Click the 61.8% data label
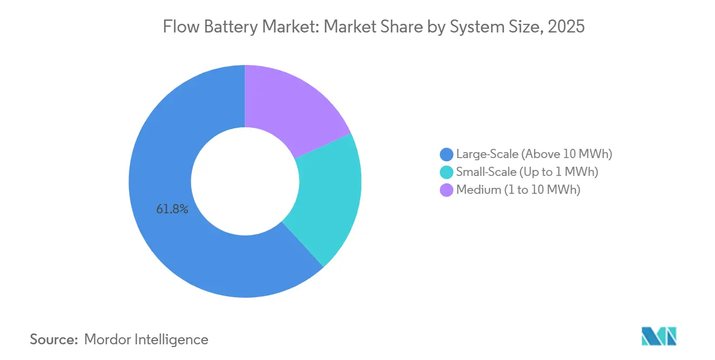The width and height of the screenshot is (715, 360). (x=172, y=210)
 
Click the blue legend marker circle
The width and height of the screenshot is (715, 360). (x=447, y=154)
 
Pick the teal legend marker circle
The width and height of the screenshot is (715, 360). (x=447, y=172)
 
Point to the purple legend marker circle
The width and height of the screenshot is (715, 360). (x=447, y=190)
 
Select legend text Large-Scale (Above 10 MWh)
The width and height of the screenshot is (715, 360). (x=534, y=154)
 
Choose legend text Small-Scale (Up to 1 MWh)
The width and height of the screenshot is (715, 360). (x=526, y=172)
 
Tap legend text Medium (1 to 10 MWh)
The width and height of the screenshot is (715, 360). (x=518, y=190)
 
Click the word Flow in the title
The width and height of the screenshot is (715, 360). (x=179, y=27)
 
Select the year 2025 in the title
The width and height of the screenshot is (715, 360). (x=566, y=27)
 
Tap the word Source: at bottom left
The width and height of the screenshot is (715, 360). (x=54, y=339)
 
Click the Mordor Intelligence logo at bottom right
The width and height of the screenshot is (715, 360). (x=659, y=336)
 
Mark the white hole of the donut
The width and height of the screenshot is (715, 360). (x=245, y=181)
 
